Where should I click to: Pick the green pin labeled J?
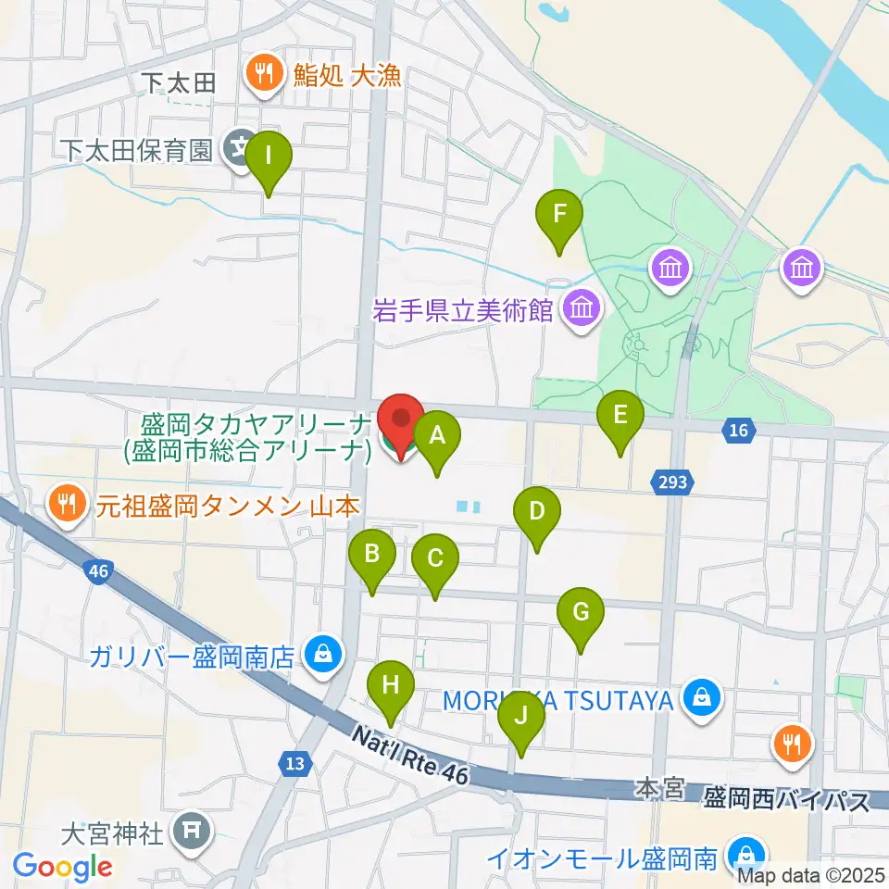click(521, 716)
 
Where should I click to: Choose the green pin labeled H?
click(391, 687)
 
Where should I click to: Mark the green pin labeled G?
click(581, 613)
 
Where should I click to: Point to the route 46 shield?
click(99, 571)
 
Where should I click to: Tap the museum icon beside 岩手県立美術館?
click(581, 308)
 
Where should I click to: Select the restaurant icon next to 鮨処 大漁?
click(264, 74)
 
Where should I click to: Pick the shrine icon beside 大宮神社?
click(191, 832)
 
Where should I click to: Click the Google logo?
click(62, 867)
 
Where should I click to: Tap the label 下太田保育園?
click(138, 149)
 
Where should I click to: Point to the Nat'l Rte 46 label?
click(410, 755)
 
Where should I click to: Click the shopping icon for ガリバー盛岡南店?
click(323, 655)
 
